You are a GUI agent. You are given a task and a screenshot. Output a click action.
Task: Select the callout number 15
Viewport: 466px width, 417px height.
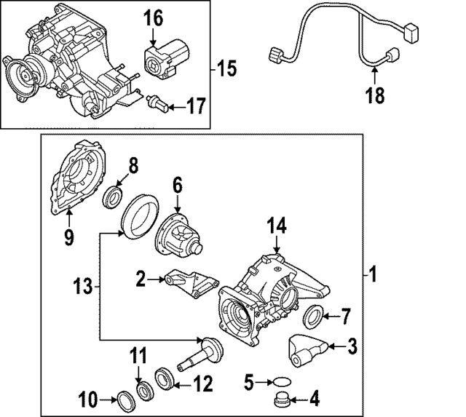coord(226,69)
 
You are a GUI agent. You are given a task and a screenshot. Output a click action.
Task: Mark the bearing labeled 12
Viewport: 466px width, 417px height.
coord(165,378)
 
